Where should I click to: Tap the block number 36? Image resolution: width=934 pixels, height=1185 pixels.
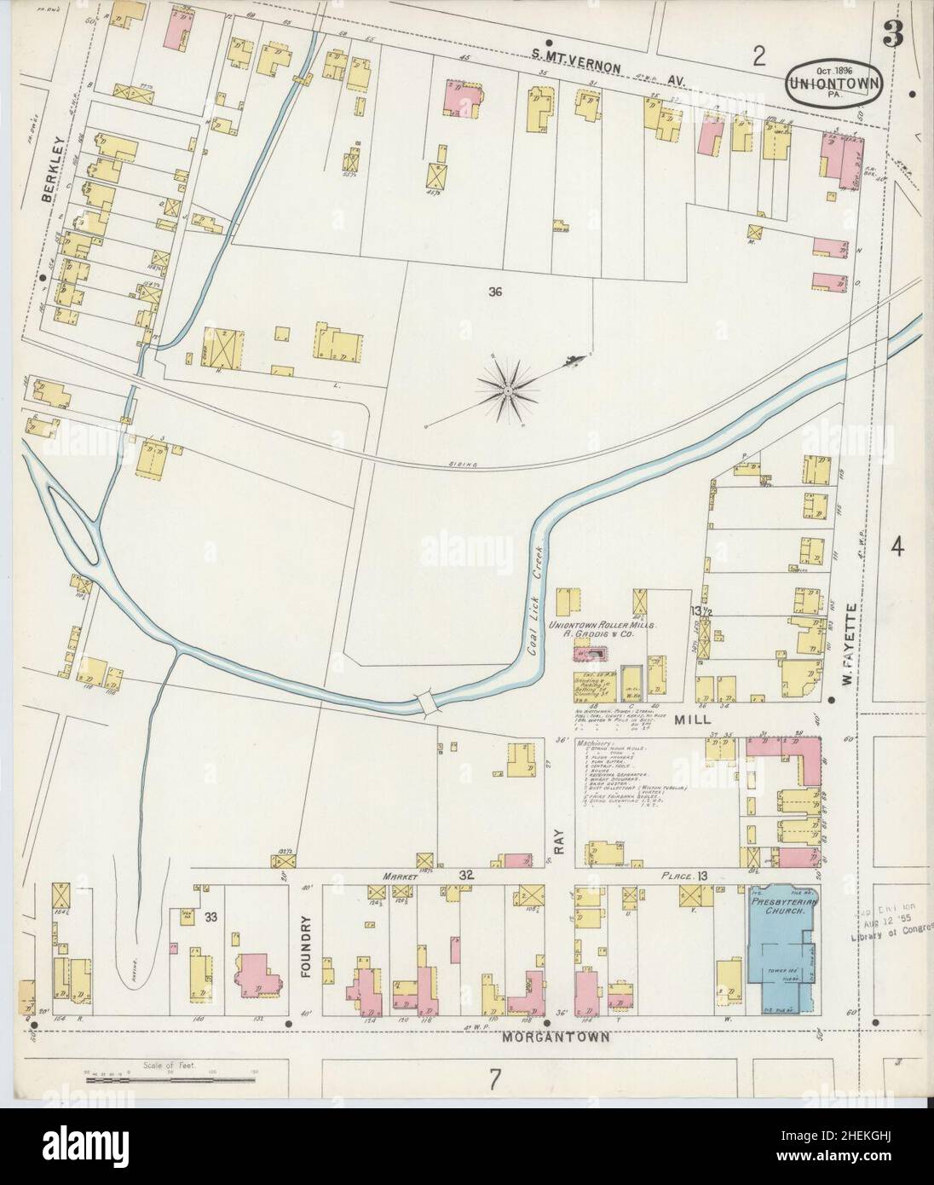point(495,292)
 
